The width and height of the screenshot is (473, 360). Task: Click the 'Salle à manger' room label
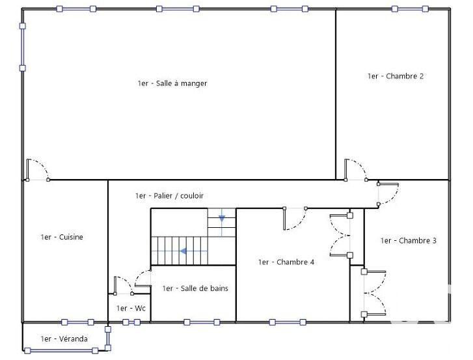coord(172,83)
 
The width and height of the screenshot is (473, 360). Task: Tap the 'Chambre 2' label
coord(395,76)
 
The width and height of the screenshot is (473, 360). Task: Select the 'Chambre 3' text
coord(408,241)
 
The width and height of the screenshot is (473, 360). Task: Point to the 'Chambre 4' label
coord(286,262)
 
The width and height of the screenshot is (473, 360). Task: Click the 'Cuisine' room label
coord(62,237)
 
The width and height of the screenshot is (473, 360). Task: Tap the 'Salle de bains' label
coord(195,288)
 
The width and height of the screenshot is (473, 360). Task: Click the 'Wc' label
coord(131,308)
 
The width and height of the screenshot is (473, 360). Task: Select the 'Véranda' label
coord(64,339)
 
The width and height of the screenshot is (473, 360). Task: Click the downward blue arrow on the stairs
coord(222,217)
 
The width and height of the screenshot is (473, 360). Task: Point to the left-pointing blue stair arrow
coord(184,250)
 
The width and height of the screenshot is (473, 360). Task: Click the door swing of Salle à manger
coord(37,169)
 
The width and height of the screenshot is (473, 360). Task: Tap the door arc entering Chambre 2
coord(356,169)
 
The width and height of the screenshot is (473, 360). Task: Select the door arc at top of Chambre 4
coord(295,219)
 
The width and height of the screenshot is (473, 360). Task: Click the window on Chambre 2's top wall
coord(410,9)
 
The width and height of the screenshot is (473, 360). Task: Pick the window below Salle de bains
coord(202,322)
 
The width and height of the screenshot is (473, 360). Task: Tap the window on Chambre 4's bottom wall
coord(286,322)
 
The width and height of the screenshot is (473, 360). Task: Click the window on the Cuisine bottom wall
coord(78,322)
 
